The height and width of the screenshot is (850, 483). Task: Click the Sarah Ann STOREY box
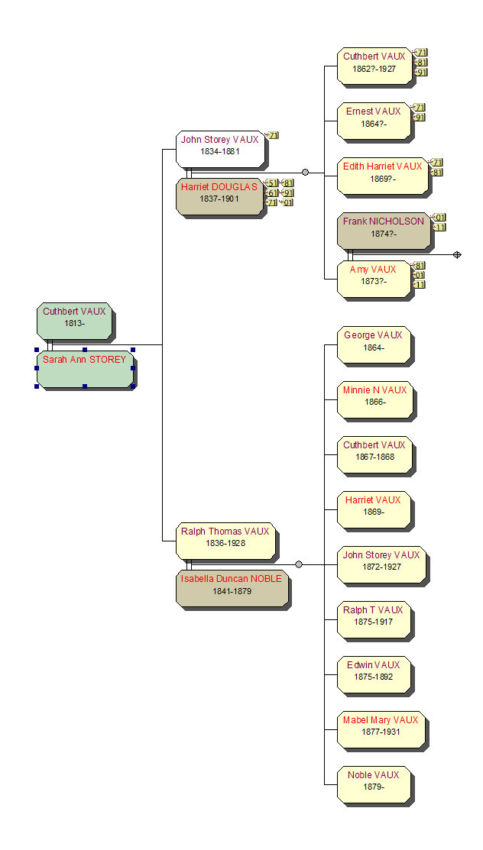85,369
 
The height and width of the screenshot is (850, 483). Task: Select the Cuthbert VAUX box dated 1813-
74,321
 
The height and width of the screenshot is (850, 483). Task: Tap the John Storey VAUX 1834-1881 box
220,149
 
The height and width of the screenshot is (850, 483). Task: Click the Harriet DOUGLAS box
220,196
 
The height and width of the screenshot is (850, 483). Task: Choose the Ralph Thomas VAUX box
225,541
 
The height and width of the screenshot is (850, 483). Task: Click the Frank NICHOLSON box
384,231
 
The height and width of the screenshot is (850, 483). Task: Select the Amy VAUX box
374,279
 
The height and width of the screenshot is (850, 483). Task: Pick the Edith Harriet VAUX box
383,176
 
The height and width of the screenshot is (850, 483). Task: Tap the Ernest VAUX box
374,121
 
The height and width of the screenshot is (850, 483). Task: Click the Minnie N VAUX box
375,399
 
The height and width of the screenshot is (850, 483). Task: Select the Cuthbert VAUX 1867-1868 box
375,454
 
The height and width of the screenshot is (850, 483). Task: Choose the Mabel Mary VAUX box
381,729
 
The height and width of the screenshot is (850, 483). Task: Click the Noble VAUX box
374,784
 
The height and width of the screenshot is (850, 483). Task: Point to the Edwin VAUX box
374,674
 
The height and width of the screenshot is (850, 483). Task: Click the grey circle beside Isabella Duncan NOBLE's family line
299,565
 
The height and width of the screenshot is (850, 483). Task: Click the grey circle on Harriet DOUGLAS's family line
305,173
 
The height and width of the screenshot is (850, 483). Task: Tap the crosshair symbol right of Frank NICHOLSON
457,255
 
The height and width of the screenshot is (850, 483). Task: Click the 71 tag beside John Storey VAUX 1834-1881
273,135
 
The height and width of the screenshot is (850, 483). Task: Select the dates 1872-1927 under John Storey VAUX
381,567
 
